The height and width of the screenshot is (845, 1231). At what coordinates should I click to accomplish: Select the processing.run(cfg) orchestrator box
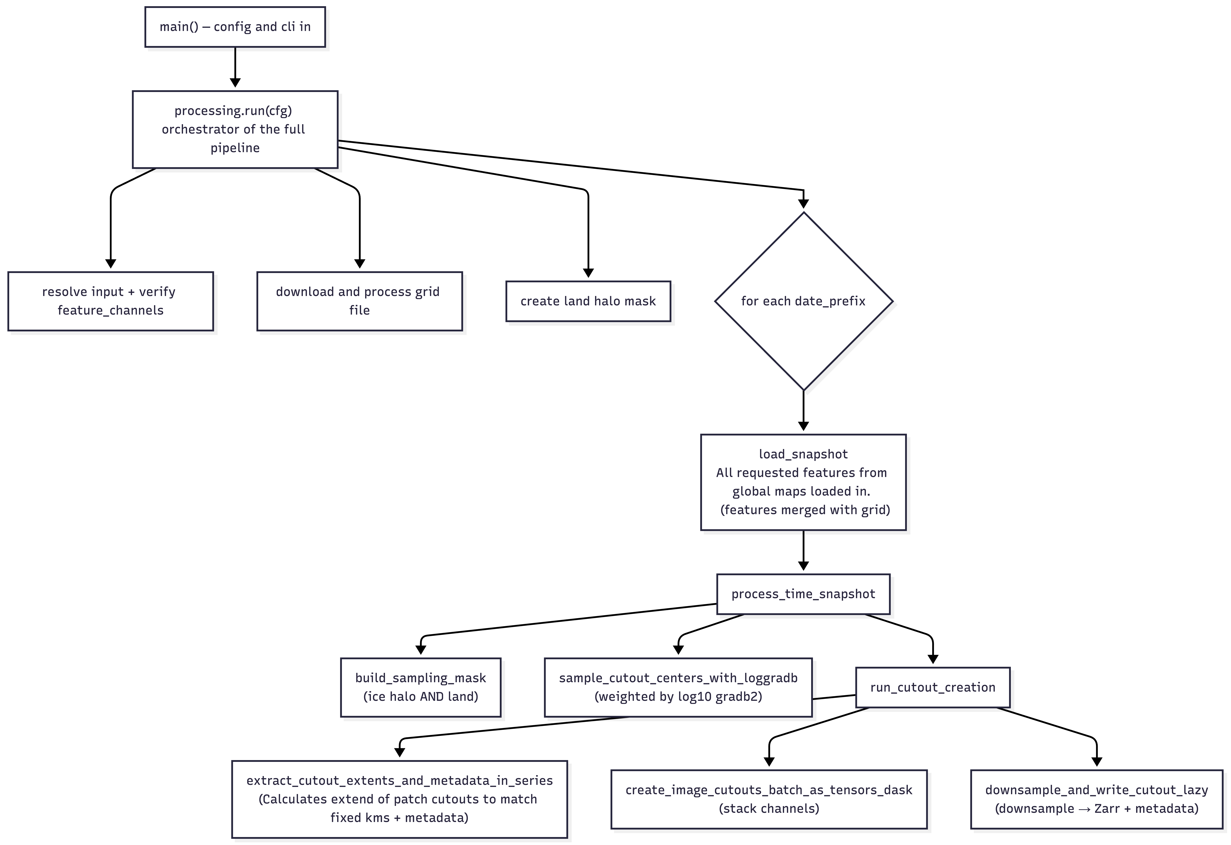[235, 129]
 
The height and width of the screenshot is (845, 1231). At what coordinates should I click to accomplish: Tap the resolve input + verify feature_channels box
[111, 301]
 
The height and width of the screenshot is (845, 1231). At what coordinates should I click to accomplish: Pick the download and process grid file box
[360, 301]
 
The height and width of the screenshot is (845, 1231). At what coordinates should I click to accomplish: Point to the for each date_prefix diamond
[804, 301]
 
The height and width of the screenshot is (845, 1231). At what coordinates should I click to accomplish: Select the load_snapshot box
[804, 482]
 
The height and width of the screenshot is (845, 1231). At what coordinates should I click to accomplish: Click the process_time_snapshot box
[804, 594]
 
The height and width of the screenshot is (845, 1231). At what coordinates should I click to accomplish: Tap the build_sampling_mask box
[421, 687]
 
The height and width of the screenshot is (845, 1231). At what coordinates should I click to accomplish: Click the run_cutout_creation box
[933, 687]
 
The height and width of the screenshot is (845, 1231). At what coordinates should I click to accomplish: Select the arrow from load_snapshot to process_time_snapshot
[804, 551]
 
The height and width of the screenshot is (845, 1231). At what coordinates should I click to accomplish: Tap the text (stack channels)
[769, 809]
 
